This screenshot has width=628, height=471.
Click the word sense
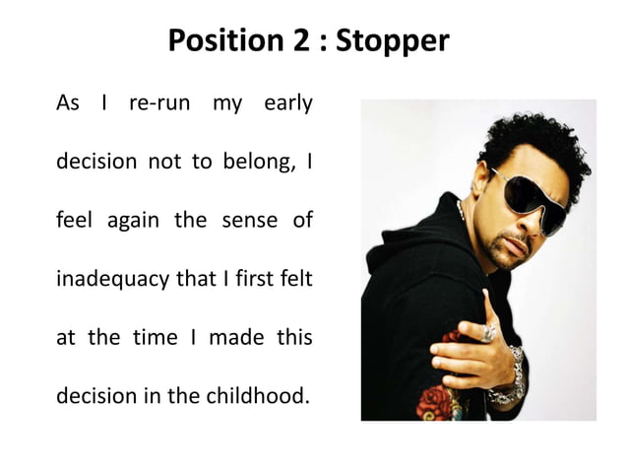[249, 221]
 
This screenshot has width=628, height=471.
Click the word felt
[293, 279]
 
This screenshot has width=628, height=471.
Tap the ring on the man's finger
[489, 333]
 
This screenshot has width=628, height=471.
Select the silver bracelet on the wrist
[510, 379]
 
